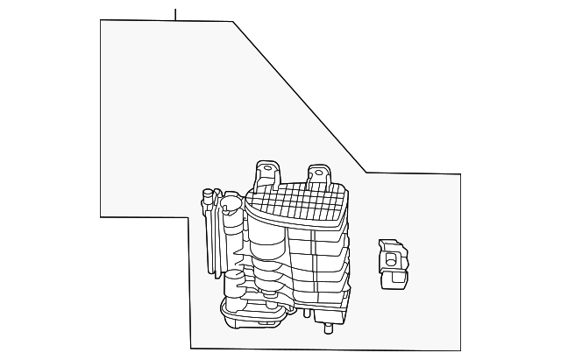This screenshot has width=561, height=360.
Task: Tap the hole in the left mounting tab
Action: coord(260,167)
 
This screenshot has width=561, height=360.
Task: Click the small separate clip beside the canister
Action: coord(390,263)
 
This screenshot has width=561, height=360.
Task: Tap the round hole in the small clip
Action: coord(392,258)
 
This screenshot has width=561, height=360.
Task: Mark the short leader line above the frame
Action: coord(175,14)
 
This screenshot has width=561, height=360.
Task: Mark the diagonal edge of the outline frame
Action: coord(298,96)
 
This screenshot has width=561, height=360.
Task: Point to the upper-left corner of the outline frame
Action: coord(101,21)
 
